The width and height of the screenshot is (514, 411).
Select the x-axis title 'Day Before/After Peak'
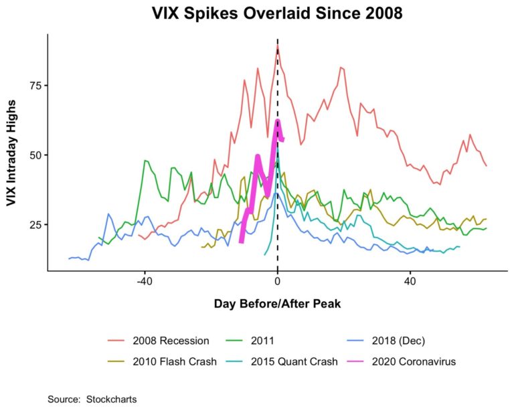(x=277, y=303)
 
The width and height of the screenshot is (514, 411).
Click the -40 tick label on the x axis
(x=145, y=281)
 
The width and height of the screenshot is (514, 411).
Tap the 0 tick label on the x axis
(x=278, y=281)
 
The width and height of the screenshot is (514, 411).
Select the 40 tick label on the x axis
(x=410, y=281)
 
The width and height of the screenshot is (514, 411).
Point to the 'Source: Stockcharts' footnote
(x=92, y=399)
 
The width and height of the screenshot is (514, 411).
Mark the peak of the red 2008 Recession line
(x=277, y=46)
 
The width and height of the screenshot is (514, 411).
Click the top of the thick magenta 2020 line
(x=278, y=121)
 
